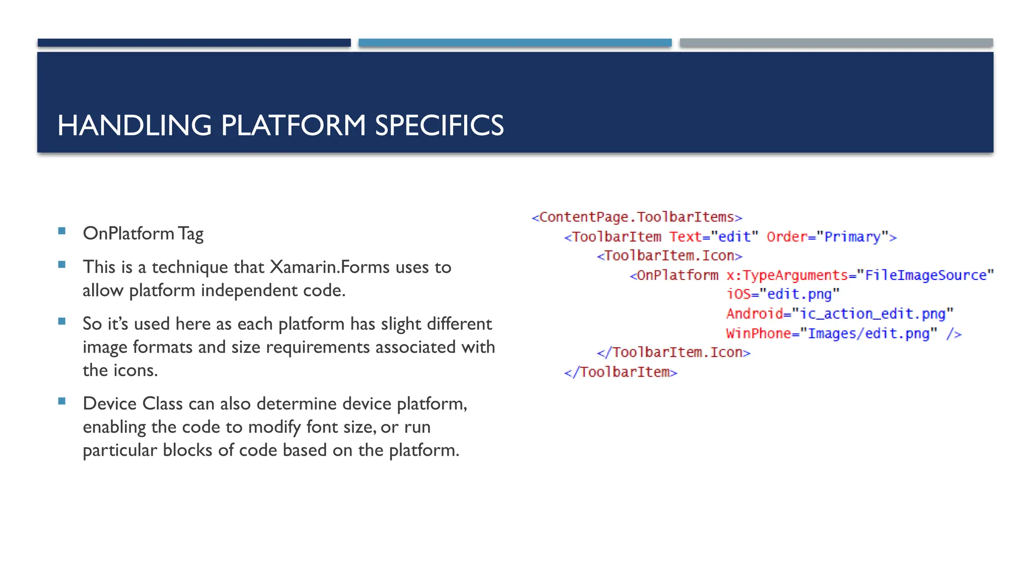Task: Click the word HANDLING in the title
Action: point(134,125)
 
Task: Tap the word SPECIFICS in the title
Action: point(439,125)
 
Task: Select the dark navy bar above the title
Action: point(194,43)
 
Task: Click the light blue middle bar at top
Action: point(515,43)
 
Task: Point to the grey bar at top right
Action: point(836,43)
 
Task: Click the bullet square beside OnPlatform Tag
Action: point(62,231)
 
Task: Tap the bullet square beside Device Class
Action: point(62,401)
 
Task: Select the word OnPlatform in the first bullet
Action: point(128,233)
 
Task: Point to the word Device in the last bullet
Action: point(110,403)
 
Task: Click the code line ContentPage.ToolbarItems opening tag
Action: point(637,217)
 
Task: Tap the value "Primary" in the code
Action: point(852,237)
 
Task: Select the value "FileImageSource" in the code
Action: point(925,275)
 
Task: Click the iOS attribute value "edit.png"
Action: point(799,294)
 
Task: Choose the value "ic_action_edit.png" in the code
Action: point(872,314)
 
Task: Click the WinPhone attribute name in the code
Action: point(758,333)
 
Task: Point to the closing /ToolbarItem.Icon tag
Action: point(674,352)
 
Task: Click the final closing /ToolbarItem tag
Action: point(621,372)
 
